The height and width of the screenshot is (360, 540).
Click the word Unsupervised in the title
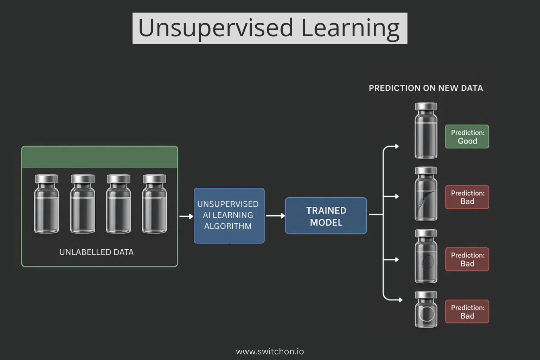point(215,28)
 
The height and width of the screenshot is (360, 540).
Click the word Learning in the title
point(350,28)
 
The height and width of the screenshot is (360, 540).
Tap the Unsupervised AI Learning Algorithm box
point(229,216)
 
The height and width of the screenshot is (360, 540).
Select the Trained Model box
point(326,216)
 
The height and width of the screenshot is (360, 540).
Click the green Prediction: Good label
point(467,137)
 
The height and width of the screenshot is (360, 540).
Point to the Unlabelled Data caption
point(96,252)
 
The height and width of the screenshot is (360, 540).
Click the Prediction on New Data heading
point(426,88)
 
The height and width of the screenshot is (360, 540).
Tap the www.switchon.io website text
point(270,351)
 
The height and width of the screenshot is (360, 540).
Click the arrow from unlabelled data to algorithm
point(186,217)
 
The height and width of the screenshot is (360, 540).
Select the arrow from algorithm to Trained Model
point(275,216)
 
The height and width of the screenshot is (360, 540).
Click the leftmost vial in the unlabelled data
point(46,204)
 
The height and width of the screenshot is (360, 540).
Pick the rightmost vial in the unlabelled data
point(154,204)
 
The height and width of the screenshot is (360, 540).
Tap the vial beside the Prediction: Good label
point(426,131)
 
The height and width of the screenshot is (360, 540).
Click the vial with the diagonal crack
point(426,194)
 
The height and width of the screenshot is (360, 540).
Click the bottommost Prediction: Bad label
point(467,311)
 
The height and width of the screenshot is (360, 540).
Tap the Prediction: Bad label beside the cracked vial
point(467,197)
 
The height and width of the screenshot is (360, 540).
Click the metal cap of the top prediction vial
point(426,107)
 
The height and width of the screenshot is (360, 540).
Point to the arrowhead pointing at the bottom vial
point(400,300)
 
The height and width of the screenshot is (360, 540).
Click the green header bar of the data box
point(99,157)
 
